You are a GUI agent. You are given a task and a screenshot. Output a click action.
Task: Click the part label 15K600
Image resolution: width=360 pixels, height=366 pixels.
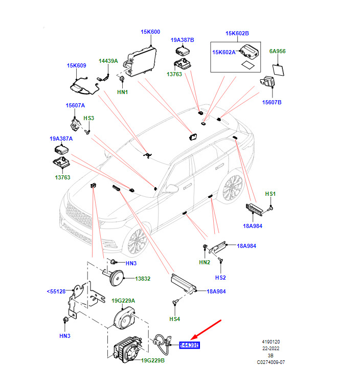click(x=150, y=32)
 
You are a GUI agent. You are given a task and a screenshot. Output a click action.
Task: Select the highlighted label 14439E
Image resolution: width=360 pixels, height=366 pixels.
click(x=189, y=346)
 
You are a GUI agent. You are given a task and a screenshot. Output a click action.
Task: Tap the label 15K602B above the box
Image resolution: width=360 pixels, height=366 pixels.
click(x=237, y=34)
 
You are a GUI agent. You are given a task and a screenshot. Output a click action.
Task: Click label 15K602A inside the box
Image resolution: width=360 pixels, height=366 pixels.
click(x=224, y=52)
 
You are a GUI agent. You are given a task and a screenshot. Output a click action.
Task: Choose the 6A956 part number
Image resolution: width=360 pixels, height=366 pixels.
click(x=278, y=52)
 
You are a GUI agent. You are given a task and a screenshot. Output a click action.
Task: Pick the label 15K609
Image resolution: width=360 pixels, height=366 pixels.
click(x=76, y=65)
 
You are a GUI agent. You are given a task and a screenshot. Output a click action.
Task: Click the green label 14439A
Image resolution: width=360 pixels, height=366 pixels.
click(x=108, y=61)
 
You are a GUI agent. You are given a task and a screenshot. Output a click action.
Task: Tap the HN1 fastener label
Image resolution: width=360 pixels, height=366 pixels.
click(x=122, y=92)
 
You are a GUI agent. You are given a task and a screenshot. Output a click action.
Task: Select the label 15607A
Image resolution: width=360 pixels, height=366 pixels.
click(x=75, y=105)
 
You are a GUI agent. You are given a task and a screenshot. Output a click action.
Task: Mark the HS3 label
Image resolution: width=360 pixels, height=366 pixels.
click(x=89, y=118)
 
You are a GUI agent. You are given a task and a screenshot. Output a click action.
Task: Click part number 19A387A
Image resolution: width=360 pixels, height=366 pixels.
click(x=61, y=139)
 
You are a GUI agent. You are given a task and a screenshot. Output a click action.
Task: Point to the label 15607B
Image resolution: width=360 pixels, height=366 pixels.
click(x=272, y=102)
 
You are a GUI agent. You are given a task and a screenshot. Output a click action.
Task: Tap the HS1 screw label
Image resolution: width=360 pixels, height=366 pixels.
click(x=270, y=194)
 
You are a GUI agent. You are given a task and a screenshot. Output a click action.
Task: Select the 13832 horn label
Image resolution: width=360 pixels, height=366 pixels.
click(x=143, y=279)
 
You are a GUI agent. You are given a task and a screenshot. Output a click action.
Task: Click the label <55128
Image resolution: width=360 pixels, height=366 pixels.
click(x=56, y=291)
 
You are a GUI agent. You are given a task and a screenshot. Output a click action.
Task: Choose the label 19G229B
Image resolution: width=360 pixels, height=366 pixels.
click(x=153, y=361)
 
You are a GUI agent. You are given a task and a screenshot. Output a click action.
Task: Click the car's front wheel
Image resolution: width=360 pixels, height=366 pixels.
click(x=137, y=242)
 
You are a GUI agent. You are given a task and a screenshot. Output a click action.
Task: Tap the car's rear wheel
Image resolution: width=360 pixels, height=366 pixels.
click(x=233, y=190)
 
